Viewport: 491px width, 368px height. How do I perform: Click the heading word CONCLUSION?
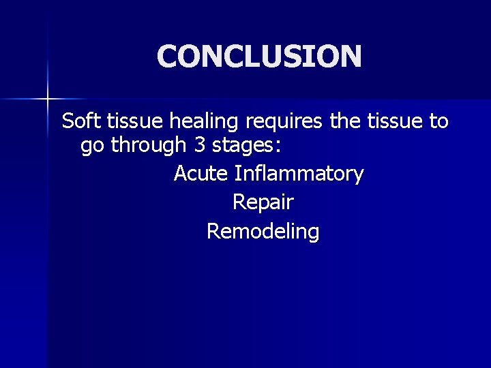tap(259, 57)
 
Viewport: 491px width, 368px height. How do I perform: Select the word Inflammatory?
tap(299, 174)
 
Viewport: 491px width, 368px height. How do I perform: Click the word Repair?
tap(263, 203)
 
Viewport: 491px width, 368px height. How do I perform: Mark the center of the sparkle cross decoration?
tap(48, 99)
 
